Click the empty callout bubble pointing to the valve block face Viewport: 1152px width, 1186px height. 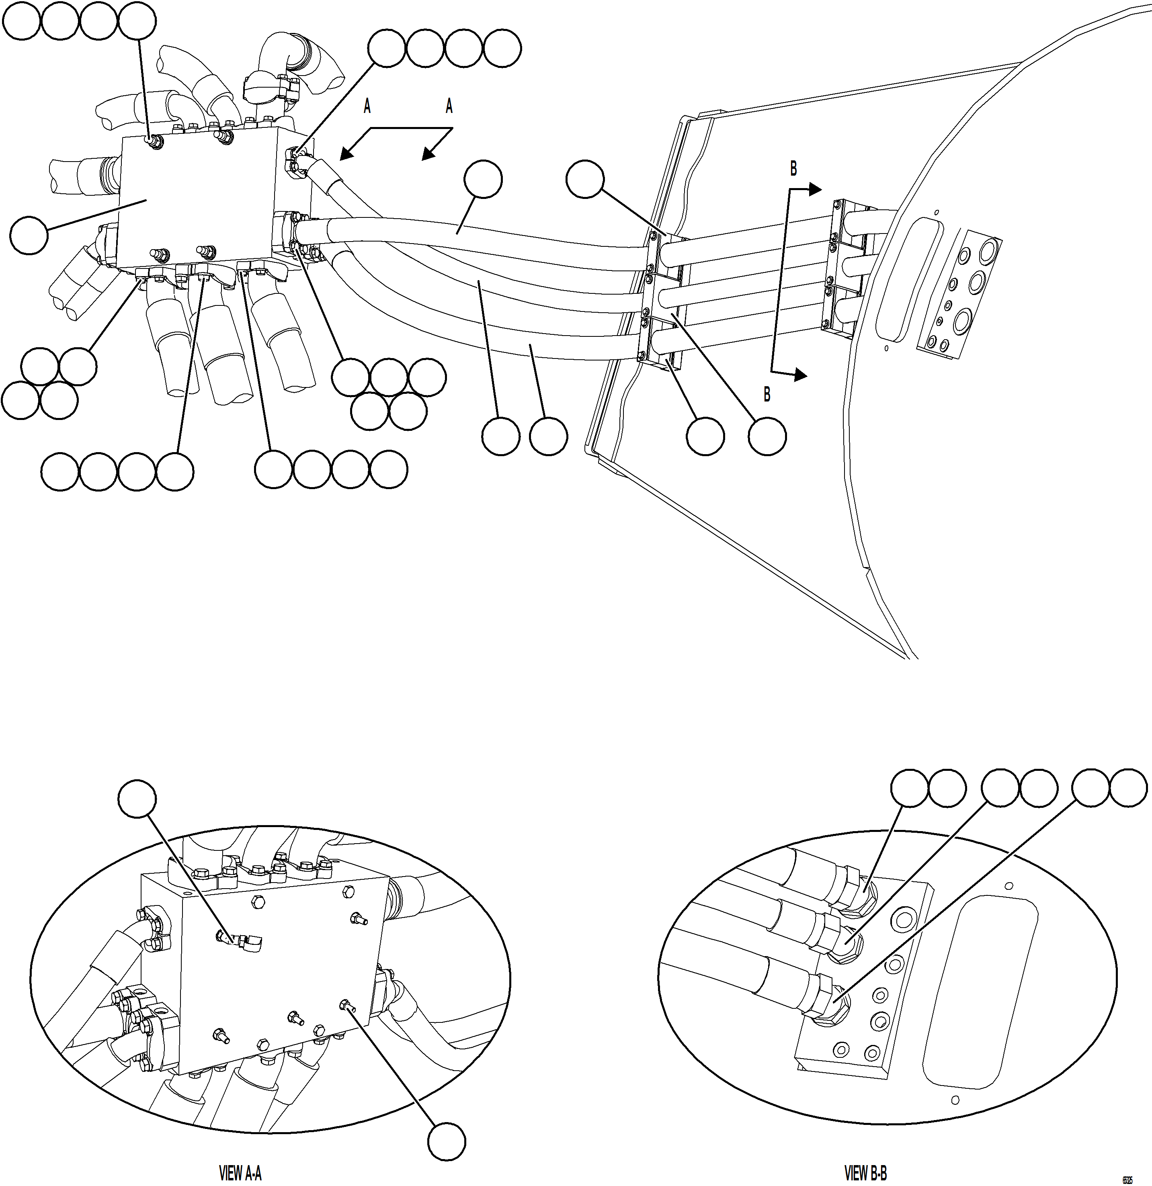pyautogui.click(x=29, y=236)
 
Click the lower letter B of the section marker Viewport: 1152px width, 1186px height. pyautogui.click(x=767, y=395)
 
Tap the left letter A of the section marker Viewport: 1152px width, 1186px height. pyautogui.click(x=367, y=107)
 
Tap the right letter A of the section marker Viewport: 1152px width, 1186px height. pyautogui.click(x=449, y=107)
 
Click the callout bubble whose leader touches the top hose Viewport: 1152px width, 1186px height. pyautogui.click(x=483, y=178)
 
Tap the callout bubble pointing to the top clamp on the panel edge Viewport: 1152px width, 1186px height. pyautogui.click(x=584, y=178)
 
